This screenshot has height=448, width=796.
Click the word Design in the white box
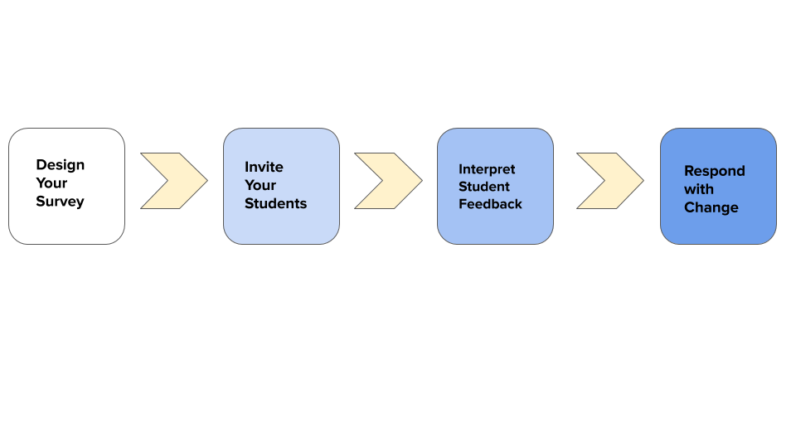tap(60, 165)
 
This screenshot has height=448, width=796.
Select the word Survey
tap(60, 202)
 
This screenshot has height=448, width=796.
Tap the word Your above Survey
tap(51, 183)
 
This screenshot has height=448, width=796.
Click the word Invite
tap(264, 167)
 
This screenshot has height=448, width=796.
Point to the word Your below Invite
tap(260, 185)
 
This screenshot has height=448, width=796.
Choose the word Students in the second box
tap(275, 203)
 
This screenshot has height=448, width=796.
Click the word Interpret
tap(487, 169)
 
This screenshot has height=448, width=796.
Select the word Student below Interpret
tap(484, 187)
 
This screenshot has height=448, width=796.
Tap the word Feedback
tap(490, 204)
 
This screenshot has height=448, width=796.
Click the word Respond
tap(714, 171)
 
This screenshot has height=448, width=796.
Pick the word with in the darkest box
tap(698, 189)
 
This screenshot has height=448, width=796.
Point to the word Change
tap(711, 207)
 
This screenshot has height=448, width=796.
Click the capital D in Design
tap(41, 165)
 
